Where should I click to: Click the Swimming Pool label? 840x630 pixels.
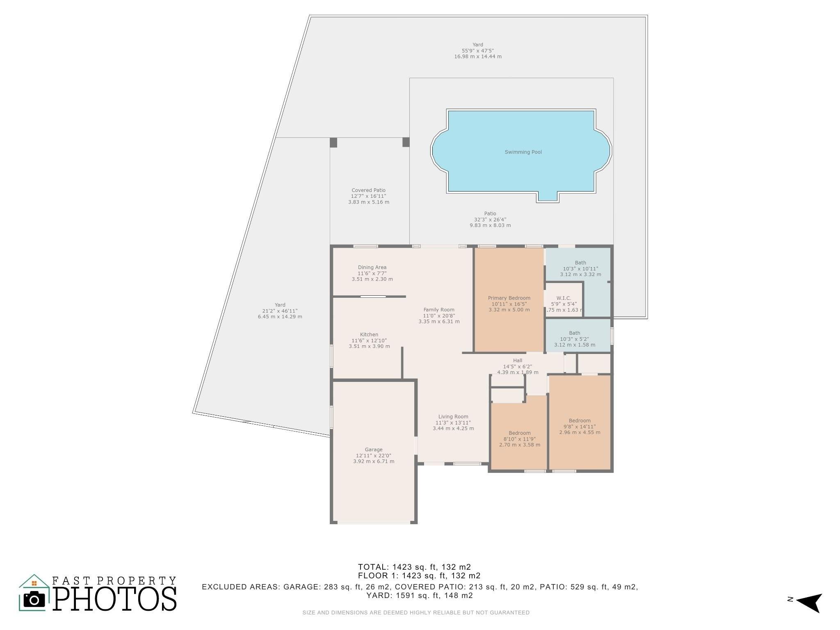(x=523, y=152)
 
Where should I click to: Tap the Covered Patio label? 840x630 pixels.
(x=368, y=190)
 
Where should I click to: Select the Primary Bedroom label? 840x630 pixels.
(x=509, y=298)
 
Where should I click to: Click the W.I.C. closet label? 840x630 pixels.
(x=564, y=298)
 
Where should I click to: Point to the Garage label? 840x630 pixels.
(x=374, y=450)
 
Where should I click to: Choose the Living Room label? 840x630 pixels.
(x=453, y=417)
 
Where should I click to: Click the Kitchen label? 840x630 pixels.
(x=369, y=335)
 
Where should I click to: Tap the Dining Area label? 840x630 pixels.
(x=372, y=267)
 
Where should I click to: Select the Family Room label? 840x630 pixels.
(x=439, y=310)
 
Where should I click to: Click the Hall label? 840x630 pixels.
(x=518, y=361)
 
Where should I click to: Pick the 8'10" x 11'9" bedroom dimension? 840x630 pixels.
(x=520, y=439)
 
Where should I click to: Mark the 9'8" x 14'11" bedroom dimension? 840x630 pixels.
(x=580, y=427)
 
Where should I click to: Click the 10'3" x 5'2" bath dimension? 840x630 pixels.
(x=575, y=339)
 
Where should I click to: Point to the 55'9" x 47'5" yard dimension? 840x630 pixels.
(x=478, y=51)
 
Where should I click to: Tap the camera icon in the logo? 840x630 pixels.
(x=34, y=600)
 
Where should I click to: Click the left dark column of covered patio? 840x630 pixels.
(x=333, y=142)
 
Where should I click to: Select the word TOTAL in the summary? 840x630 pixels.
(x=373, y=567)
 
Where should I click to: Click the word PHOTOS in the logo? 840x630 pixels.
(x=115, y=599)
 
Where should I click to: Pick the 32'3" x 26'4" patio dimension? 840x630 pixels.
(x=490, y=219)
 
